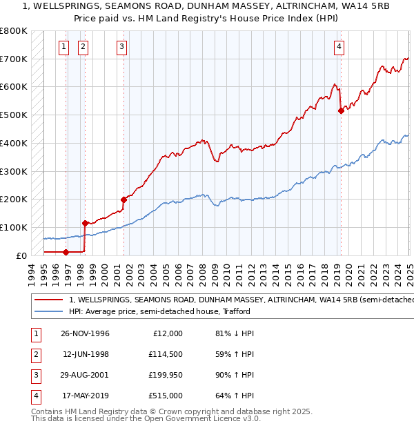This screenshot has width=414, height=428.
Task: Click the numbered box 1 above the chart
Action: [63, 47]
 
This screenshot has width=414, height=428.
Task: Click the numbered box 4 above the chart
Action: [340, 47]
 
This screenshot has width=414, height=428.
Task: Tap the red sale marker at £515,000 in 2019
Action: [341, 110]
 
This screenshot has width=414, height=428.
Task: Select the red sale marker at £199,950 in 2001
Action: [124, 200]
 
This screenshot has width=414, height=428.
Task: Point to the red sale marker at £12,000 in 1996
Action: [66, 252]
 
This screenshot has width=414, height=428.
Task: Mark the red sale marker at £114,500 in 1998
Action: [85, 223]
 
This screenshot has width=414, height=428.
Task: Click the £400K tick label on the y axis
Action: [14, 143]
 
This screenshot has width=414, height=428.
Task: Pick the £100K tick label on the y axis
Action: [14, 227]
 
